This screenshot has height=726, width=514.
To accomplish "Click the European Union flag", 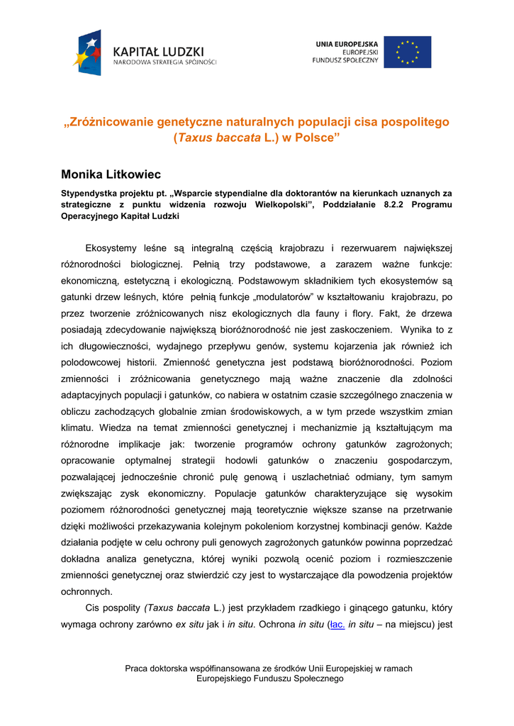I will pyautogui.click(x=407, y=52).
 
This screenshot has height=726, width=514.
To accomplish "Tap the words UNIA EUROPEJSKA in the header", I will pyautogui.click(x=347, y=44).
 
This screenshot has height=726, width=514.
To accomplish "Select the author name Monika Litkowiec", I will pyautogui.click(x=111, y=174).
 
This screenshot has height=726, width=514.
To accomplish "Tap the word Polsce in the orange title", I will pyautogui.click(x=313, y=138).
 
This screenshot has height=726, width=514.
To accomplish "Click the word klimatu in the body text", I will pyautogui.click(x=77, y=428).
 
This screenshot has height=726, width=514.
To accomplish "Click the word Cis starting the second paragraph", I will pyautogui.click(x=93, y=608).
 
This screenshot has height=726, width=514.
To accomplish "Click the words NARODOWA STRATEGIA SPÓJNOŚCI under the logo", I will pyautogui.click(x=165, y=62).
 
